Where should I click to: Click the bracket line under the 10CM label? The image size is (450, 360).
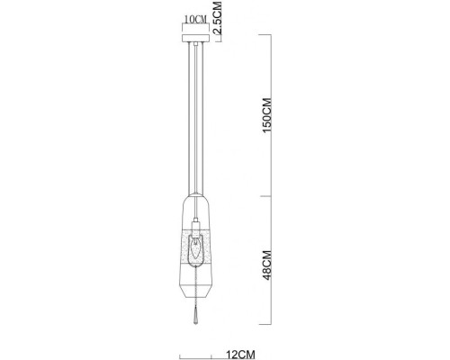click(x=193, y=26)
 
